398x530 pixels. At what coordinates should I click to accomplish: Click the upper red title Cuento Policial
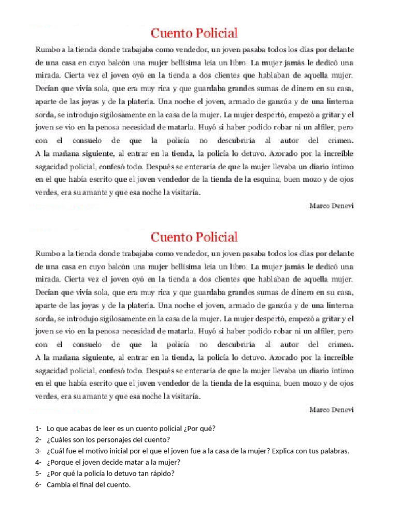194,34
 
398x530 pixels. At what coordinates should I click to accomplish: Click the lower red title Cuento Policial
194,237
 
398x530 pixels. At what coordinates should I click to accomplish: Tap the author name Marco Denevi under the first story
331,205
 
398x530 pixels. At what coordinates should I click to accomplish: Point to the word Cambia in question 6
59,484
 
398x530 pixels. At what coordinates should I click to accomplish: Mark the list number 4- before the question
38,462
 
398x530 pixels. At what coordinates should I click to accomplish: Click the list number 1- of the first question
38,429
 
